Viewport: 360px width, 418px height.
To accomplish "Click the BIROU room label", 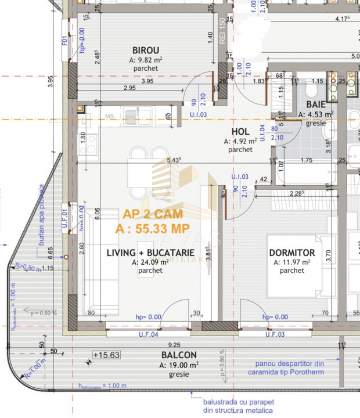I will (145, 51).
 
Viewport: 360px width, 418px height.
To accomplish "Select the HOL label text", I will (240, 132).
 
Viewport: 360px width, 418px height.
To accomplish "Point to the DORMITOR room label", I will (292, 253).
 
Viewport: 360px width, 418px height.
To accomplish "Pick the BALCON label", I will (179, 355).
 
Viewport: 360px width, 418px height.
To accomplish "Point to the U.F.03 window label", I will (276, 335).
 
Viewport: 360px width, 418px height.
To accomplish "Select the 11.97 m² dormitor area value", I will (292, 262).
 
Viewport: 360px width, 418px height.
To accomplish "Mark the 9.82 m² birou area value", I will (145, 60).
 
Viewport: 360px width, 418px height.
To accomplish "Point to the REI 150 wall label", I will (222, 27).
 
